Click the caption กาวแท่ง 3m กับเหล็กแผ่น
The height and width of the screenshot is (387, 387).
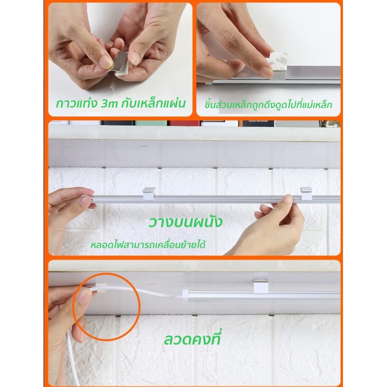click(x=121, y=104)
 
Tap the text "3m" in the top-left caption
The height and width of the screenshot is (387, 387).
click(x=110, y=104)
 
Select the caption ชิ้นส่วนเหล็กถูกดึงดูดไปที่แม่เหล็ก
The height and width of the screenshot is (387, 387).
click(x=268, y=105)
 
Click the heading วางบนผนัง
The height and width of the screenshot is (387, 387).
click(x=185, y=222)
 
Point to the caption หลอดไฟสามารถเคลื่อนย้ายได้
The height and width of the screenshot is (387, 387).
click(x=148, y=245)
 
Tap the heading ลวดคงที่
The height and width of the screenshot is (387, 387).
click(x=192, y=339)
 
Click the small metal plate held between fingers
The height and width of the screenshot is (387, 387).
click(x=120, y=62)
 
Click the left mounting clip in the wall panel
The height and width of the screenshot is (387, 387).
click(x=149, y=193)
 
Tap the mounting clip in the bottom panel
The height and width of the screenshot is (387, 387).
click(x=261, y=285)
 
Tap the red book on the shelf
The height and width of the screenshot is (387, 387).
click(x=184, y=123)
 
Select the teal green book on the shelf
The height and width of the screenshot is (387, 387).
click(x=151, y=123)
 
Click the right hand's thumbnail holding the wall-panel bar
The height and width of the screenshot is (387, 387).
click(x=287, y=199)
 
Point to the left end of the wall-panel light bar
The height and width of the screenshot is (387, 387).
click(x=92, y=199)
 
